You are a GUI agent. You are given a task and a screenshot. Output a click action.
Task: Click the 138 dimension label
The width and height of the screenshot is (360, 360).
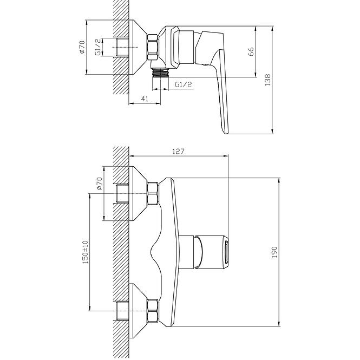click(x=268, y=80)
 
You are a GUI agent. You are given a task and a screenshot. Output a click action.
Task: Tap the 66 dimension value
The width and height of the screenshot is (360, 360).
click(x=251, y=51)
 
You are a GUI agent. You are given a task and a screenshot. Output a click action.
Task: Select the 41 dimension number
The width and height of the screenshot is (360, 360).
click(x=145, y=99)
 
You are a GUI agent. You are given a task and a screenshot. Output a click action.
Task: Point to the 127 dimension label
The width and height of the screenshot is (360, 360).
click(x=179, y=152)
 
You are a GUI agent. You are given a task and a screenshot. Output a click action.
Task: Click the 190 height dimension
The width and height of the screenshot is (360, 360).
click(x=274, y=252)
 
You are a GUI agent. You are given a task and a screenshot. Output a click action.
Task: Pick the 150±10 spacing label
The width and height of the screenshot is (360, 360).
click(x=86, y=252)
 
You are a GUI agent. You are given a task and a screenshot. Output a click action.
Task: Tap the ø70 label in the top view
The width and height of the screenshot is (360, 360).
click(x=82, y=47)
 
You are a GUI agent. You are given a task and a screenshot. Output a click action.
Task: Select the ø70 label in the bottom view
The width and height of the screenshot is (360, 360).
click(x=99, y=184)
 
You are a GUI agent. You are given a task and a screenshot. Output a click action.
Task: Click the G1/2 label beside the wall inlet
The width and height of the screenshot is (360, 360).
click(x=97, y=47)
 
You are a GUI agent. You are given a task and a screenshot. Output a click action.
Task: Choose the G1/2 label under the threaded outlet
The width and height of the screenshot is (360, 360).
click(x=184, y=84)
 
